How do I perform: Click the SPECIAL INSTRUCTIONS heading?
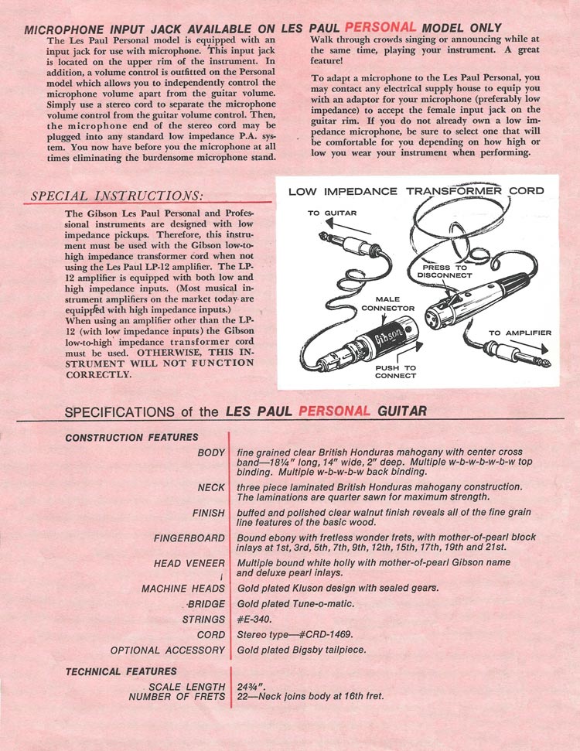pyautogui.click(x=117, y=196)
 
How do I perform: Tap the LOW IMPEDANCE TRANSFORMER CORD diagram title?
pyautogui.click(x=415, y=191)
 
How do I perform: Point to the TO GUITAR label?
pyautogui.click(x=332, y=213)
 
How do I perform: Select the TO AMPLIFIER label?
pyautogui.click(x=520, y=333)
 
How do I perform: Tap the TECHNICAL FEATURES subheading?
pyautogui.click(x=121, y=671)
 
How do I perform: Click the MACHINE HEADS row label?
pyautogui.click(x=183, y=589)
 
